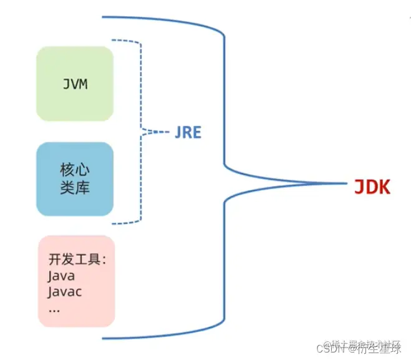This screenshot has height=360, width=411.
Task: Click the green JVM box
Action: coord(75,84)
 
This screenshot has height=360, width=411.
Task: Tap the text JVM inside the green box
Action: coord(75,84)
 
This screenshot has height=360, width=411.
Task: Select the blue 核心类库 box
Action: coord(75,179)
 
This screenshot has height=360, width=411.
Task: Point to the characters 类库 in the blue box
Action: coord(75,188)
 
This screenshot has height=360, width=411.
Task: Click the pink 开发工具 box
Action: coord(76,281)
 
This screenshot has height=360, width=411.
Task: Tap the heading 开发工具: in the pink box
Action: coord(77,260)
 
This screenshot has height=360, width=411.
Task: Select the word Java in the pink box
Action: coord(61,275)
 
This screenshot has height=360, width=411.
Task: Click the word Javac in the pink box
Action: coord(65,291)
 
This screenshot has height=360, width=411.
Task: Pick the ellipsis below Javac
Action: coord(54,308)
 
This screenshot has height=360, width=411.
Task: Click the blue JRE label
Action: coord(187,133)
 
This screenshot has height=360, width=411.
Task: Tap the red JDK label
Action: coord(372,186)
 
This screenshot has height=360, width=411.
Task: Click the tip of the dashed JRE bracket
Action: coord(163,132)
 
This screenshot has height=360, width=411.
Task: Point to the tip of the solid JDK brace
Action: coord(344,183)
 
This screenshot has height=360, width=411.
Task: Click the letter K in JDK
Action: coord(383,186)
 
